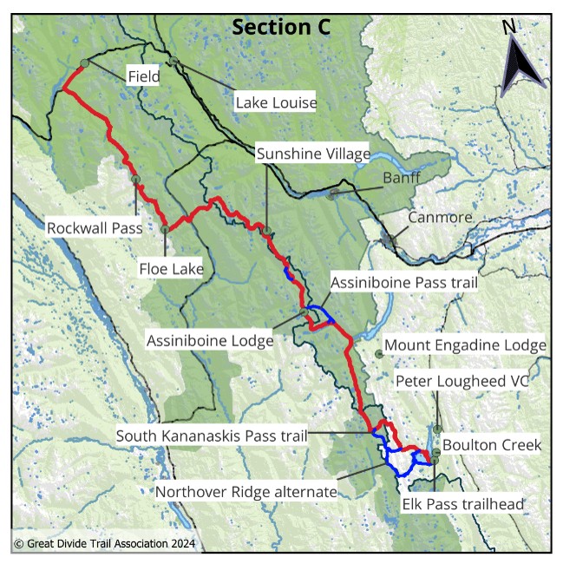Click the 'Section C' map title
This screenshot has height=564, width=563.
pyautogui.click(x=281, y=27)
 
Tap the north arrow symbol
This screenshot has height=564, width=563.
pyautogui.click(x=522, y=60)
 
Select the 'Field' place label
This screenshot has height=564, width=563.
pyautogui.click(x=143, y=76)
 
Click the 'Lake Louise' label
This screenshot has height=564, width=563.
pyautogui.click(x=276, y=102)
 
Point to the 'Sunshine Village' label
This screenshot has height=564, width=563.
pyautogui.click(x=313, y=154)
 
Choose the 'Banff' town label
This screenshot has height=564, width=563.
pyautogui.click(x=402, y=180)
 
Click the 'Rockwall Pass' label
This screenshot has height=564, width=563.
pyautogui.click(x=94, y=228)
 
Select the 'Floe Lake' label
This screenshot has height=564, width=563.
pyautogui.click(x=171, y=269)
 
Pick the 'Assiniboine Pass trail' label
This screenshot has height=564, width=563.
pyautogui.click(x=403, y=282)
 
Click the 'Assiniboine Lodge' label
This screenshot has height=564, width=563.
pyautogui.click(x=210, y=340)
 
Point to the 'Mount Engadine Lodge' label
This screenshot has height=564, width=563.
pyautogui.click(x=465, y=345)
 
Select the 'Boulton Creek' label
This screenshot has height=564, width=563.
pyautogui.click(x=491, y=445)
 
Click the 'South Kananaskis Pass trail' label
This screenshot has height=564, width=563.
pyautogui.click(x=213, y=436)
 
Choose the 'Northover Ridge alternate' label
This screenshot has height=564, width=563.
pyautogui.click(x=245, y=492)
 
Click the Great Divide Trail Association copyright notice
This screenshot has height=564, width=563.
pyautogui.click(x=105, y=545)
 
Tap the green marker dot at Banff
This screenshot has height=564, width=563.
pyautogui.click(x=332, y=195)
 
